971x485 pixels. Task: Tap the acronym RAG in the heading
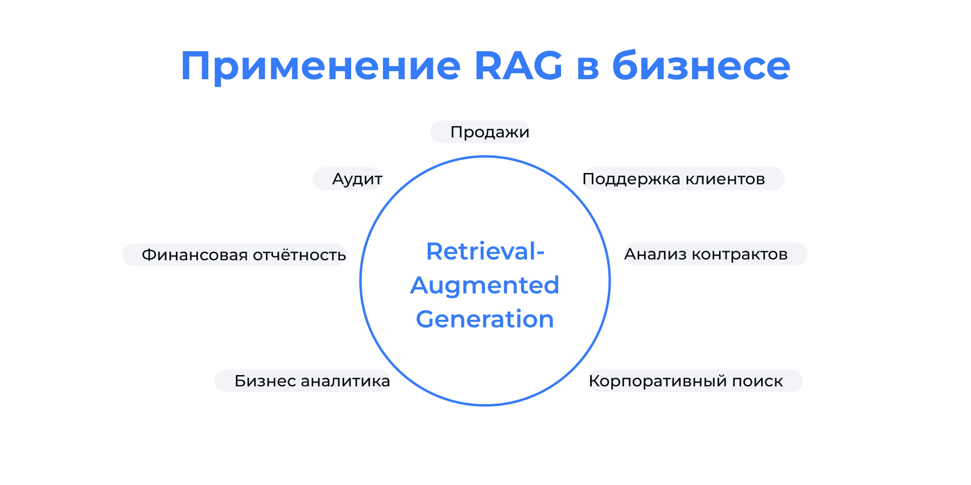(518, 66)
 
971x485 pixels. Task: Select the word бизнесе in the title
(701, 66)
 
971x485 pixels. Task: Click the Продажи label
(489, 132)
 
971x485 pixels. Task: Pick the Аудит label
(357, 179)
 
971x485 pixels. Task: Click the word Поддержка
(631, 179)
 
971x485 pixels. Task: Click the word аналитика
(345, 381)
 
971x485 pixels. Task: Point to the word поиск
(757, 381)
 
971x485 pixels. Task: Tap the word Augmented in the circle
(484, 286)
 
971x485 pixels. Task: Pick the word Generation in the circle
(484, 320)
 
